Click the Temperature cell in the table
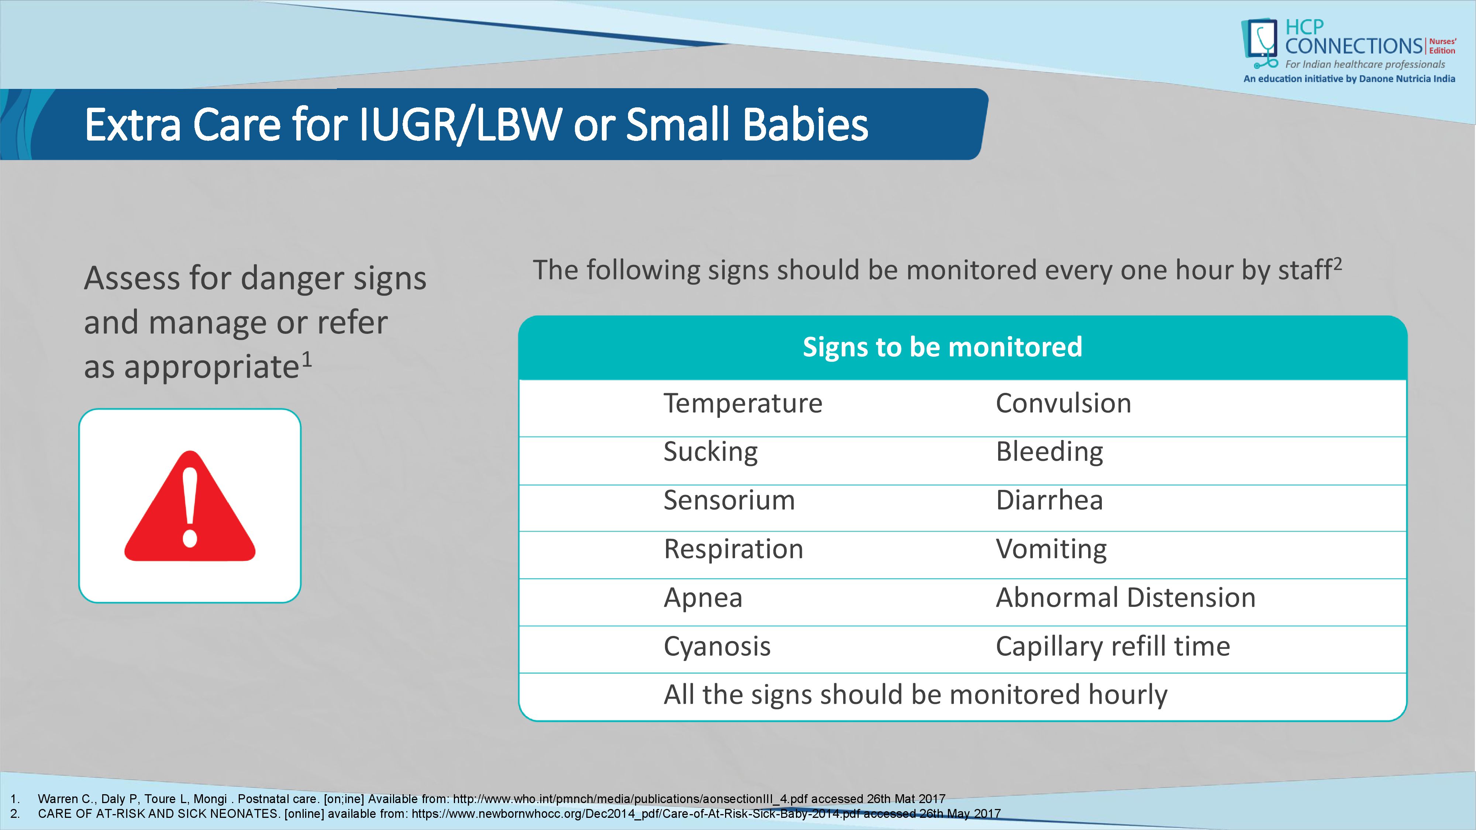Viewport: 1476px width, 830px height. tap(742, 403)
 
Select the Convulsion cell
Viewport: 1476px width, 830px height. tap(1063, 403)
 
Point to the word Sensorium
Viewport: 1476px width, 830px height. tap(729, 500)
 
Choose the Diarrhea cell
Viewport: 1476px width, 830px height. tap(1049, 500)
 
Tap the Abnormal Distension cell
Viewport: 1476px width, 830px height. tap(1125, 598)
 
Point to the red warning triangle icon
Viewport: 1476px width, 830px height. tap(190, 506)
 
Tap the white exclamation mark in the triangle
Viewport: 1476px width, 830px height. tap(190, 506)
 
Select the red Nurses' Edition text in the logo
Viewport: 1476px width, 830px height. tap(1442, 46)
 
